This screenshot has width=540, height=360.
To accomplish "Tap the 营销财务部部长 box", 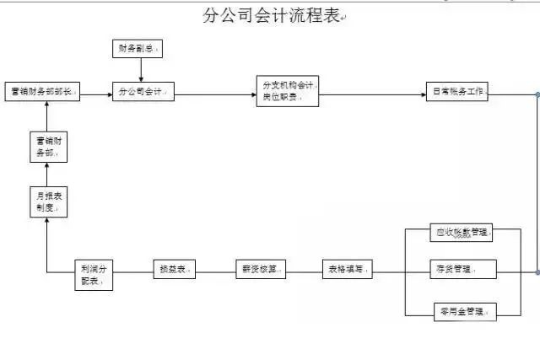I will [42, 93].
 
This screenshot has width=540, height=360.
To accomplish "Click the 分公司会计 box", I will [143, 93].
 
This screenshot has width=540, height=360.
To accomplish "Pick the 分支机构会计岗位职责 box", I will [289, 92].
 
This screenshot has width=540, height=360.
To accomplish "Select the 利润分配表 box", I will [93, 274].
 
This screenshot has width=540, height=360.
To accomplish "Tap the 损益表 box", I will [174, 270].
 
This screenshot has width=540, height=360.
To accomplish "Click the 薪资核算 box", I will [260, 270].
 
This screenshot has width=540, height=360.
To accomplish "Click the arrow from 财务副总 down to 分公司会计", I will [141, 70].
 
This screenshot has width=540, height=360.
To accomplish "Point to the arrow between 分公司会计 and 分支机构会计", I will [215, 93].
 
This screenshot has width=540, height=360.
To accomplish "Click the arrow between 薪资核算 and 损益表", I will [215, 270].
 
